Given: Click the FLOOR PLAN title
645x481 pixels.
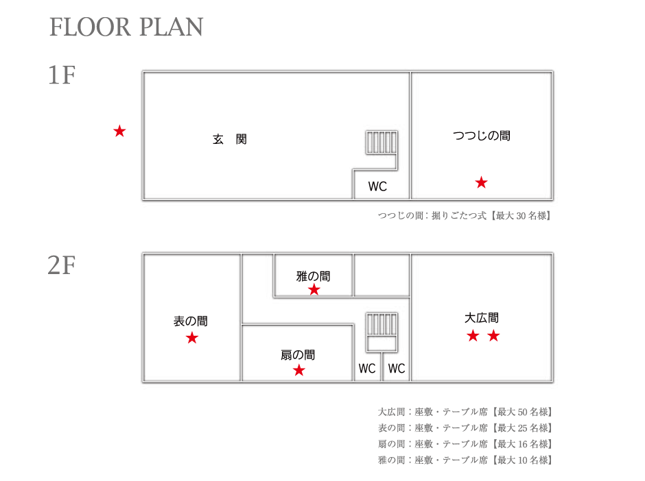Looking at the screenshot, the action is point(126,27).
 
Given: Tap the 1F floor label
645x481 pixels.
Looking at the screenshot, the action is point(62,75).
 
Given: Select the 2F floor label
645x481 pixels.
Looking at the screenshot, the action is point(62,265).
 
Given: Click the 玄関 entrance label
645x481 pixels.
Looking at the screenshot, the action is point(230,139).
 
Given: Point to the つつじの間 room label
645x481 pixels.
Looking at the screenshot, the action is point(481,136).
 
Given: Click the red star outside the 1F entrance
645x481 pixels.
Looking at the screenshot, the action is point(119,131).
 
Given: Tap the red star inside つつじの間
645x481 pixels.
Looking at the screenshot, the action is point(481,182).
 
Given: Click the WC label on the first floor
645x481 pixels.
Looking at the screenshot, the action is point(377,186).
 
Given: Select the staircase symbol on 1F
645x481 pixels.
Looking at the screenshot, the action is point(382,142).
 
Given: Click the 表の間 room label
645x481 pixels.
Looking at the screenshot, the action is point(191,321).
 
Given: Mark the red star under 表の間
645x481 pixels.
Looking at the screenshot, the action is point(191,338).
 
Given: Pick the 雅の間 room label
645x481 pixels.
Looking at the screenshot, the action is point(313,276).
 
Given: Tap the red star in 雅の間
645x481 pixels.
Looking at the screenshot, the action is point(314,290).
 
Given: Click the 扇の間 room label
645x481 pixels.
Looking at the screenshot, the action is point(298,355).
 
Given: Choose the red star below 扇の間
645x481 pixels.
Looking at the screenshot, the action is point(299,370).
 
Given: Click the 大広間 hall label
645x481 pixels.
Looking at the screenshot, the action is point(481,317).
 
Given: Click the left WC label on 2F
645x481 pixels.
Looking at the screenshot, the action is point(367,369).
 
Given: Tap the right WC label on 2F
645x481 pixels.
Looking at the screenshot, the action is point(397,369).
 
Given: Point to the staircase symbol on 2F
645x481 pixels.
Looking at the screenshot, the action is point(382,332).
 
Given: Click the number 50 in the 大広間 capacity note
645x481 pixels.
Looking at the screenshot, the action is point(522,412).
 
